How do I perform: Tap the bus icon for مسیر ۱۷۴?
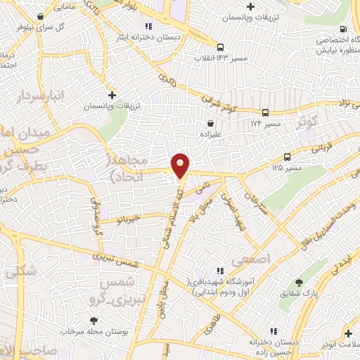265,112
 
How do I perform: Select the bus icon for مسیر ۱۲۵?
287,157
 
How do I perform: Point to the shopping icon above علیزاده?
210,124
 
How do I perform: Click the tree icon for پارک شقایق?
299,283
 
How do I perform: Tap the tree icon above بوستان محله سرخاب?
92,321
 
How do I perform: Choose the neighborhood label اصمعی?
255,259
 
